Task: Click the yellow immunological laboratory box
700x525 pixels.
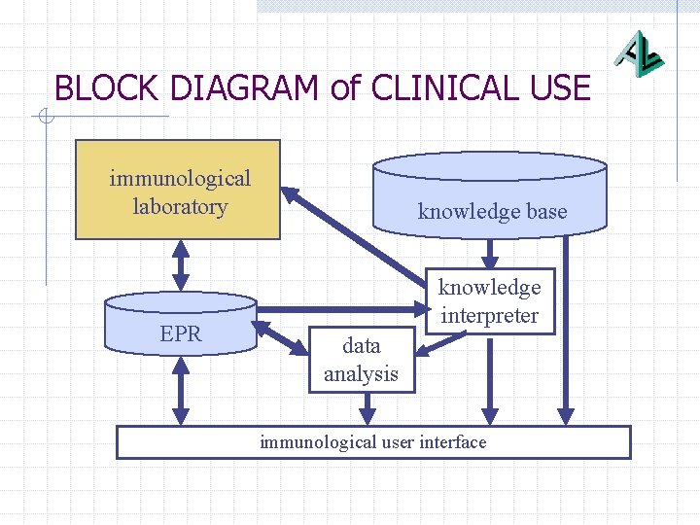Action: [x=179, y=190]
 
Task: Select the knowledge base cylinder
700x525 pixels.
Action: [x=491, y=194]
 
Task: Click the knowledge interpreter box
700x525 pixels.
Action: [x=489, y=301]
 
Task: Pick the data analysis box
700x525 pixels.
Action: [x=361, y=360]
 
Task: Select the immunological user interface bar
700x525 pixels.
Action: [x=373, y=442]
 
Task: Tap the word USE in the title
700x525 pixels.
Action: [x=558, y=88]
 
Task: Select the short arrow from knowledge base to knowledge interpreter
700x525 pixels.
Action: [x=491, y=252]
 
